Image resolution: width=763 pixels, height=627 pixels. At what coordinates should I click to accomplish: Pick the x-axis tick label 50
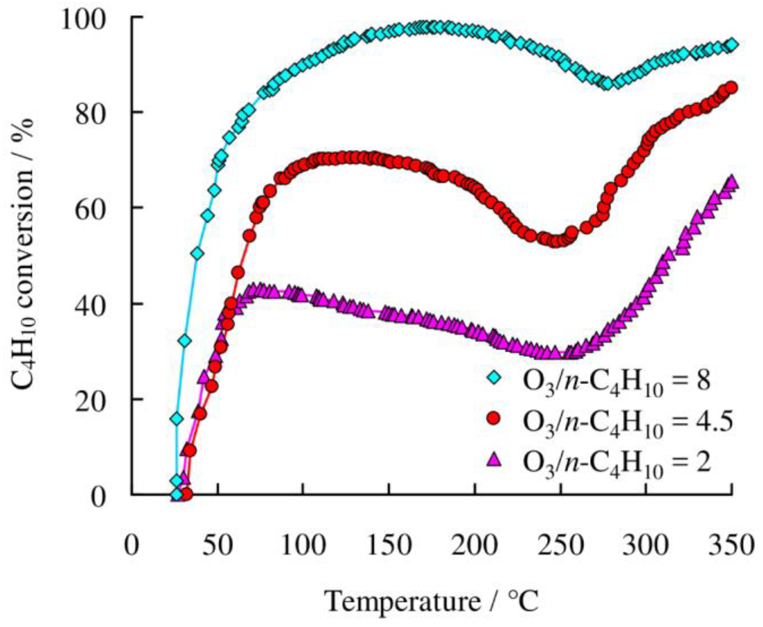coord(217,546)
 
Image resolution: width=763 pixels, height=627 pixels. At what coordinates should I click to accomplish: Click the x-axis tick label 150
coord(389,546)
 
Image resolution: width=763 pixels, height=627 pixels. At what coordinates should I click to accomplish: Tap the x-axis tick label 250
coord(561,546)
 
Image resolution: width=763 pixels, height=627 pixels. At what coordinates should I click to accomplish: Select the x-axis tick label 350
coord(732,546)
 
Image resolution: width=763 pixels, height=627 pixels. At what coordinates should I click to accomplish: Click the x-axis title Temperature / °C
coord(431,602)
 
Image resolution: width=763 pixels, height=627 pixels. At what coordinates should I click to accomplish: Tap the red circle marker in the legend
coord(493,419)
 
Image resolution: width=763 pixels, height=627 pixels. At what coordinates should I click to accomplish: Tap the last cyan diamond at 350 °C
coord(732,44)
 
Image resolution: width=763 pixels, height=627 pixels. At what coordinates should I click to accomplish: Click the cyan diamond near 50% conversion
coord(198,254)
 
